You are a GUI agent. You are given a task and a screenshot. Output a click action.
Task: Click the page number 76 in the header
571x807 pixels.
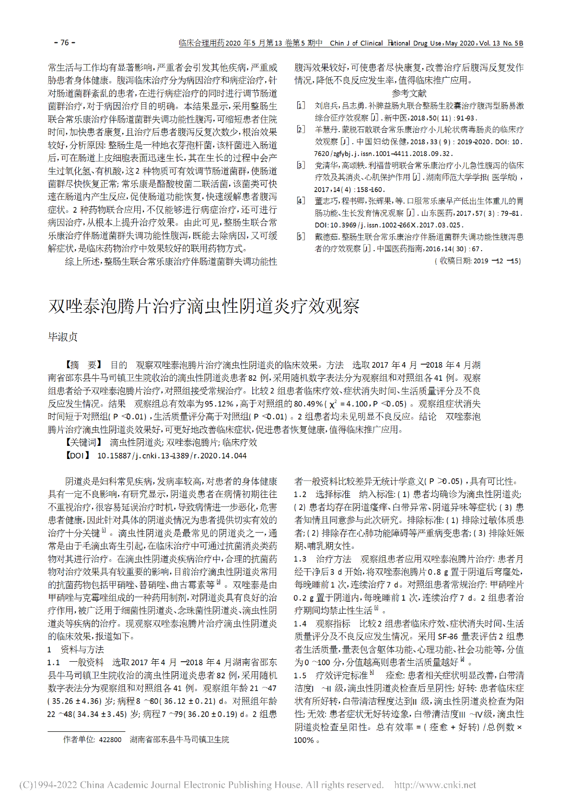click(65, 43)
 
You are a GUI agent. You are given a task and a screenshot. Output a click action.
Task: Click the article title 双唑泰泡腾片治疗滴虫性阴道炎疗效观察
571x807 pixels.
click(204, 306)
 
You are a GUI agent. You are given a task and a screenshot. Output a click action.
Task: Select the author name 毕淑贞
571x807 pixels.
click(63, 337)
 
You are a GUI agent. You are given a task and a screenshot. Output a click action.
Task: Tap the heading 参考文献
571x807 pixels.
click(409, 93)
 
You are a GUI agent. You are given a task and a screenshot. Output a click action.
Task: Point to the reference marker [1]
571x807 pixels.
click(301, 106)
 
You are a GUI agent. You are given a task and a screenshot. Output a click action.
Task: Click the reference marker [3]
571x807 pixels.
click(301, 165)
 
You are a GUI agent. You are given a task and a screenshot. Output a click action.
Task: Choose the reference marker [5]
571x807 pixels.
click(301, 237)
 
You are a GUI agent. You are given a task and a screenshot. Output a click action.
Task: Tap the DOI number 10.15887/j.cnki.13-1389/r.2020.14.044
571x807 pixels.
click(172, 455)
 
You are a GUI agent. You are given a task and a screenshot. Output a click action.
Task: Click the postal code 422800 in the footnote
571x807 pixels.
click(110, 739)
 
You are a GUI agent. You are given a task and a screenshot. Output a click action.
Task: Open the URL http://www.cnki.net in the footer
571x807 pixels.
click(435, 785)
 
